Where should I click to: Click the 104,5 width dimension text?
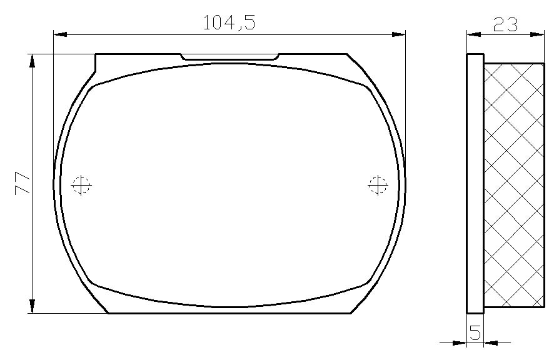coord(229,22)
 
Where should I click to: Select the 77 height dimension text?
coord(22,183)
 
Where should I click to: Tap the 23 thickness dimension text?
coord(505,24)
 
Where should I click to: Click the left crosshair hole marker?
coord(81,185)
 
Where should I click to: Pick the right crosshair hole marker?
coord(378,185)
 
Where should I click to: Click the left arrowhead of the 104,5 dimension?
coord(60,34)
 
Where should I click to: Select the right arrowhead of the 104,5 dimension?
coord(398,34)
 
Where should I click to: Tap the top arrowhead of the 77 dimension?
coord(32,61)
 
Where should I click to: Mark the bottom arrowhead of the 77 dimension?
coord(32,306)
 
